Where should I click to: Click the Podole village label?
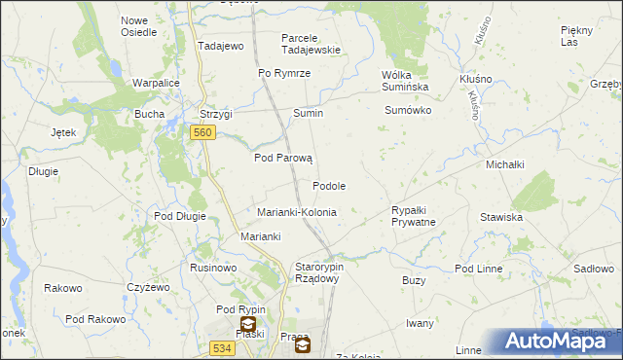coord(329,186)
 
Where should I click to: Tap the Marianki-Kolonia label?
coord(296,212)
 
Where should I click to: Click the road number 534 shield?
coord(222,346)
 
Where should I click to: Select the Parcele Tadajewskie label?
coord(311,44)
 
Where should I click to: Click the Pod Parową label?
coord(281,158)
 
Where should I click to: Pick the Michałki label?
coord(505,165)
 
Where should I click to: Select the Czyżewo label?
coord(148,287)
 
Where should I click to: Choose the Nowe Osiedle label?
coord(138,26)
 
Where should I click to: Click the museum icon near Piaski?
coord(249,325)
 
